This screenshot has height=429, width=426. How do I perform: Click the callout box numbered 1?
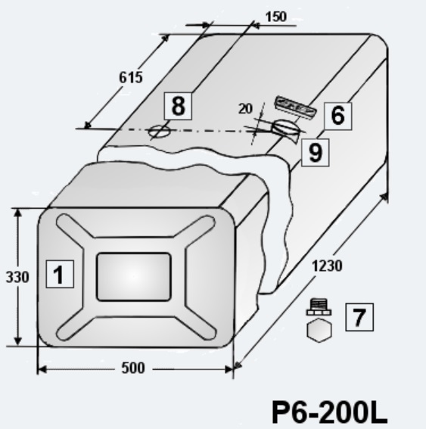coord(60,274)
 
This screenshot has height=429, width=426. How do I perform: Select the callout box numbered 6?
coord(338,117)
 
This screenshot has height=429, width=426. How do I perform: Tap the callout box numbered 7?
coord(359,317)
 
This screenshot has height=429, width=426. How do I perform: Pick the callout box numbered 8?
coord(178,106)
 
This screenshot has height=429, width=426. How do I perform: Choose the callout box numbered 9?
coord(316,152)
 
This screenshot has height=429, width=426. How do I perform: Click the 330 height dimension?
coord(17,277)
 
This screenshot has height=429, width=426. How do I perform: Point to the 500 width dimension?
coord(133,368)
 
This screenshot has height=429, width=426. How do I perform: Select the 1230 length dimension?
coord(327,266)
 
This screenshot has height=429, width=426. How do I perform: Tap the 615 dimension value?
coord(131,77)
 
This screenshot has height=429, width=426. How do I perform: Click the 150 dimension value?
coord(276,17)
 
